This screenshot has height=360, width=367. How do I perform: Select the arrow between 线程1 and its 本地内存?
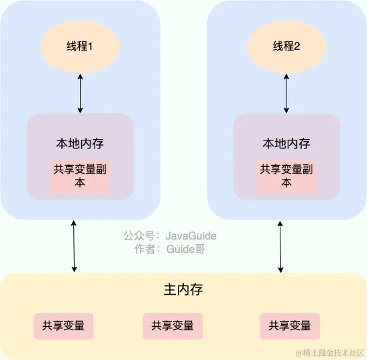tap(81, 94)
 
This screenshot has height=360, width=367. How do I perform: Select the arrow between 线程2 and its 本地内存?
tap(287, 94)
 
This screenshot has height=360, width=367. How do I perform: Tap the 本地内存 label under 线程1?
tap(81, 143)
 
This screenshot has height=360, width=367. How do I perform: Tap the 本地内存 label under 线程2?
tap(287, 143)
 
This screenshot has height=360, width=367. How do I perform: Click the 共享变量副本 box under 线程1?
tap(81, 176)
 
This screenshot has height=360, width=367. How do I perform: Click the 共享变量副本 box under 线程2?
tap(287, 176)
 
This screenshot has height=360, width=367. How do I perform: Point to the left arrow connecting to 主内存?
tap(74, 246)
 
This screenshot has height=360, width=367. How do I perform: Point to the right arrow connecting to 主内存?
tap(280, 246)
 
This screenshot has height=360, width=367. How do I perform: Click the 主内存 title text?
tap(183, 290)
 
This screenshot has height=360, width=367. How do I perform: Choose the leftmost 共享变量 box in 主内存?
tap(63, 326)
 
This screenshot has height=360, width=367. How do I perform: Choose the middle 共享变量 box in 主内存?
tap(173, 326)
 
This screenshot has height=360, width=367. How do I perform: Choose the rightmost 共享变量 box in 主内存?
tap(290, 326)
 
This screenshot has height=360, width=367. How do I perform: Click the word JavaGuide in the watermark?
tap(191, 236)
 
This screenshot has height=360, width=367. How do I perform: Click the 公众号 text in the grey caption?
tap(139, 236)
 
